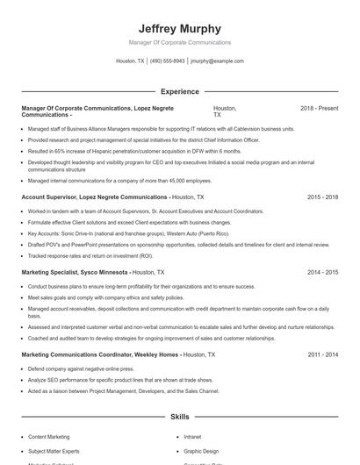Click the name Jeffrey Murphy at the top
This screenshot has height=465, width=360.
pos(179,28)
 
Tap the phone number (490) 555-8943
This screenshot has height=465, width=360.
pos(167,61)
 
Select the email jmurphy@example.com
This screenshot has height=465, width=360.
pos(217,61)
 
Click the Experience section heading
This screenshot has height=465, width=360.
pos(179,91)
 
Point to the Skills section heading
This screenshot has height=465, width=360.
pos(179,418)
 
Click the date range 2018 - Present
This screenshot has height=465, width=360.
pos(319,108)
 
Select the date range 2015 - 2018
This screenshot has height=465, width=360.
pos(322,198)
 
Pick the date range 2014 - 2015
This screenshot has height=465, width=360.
pos(322,273)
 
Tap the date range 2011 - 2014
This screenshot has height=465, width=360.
pos(322,354)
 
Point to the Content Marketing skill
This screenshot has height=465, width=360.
pos(48,436)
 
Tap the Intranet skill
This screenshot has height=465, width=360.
pos(192,436)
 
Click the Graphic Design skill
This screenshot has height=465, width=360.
pos(200,451)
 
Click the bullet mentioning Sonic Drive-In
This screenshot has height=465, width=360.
pos(128,234)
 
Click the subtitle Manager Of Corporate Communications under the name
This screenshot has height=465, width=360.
pos(179,42)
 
